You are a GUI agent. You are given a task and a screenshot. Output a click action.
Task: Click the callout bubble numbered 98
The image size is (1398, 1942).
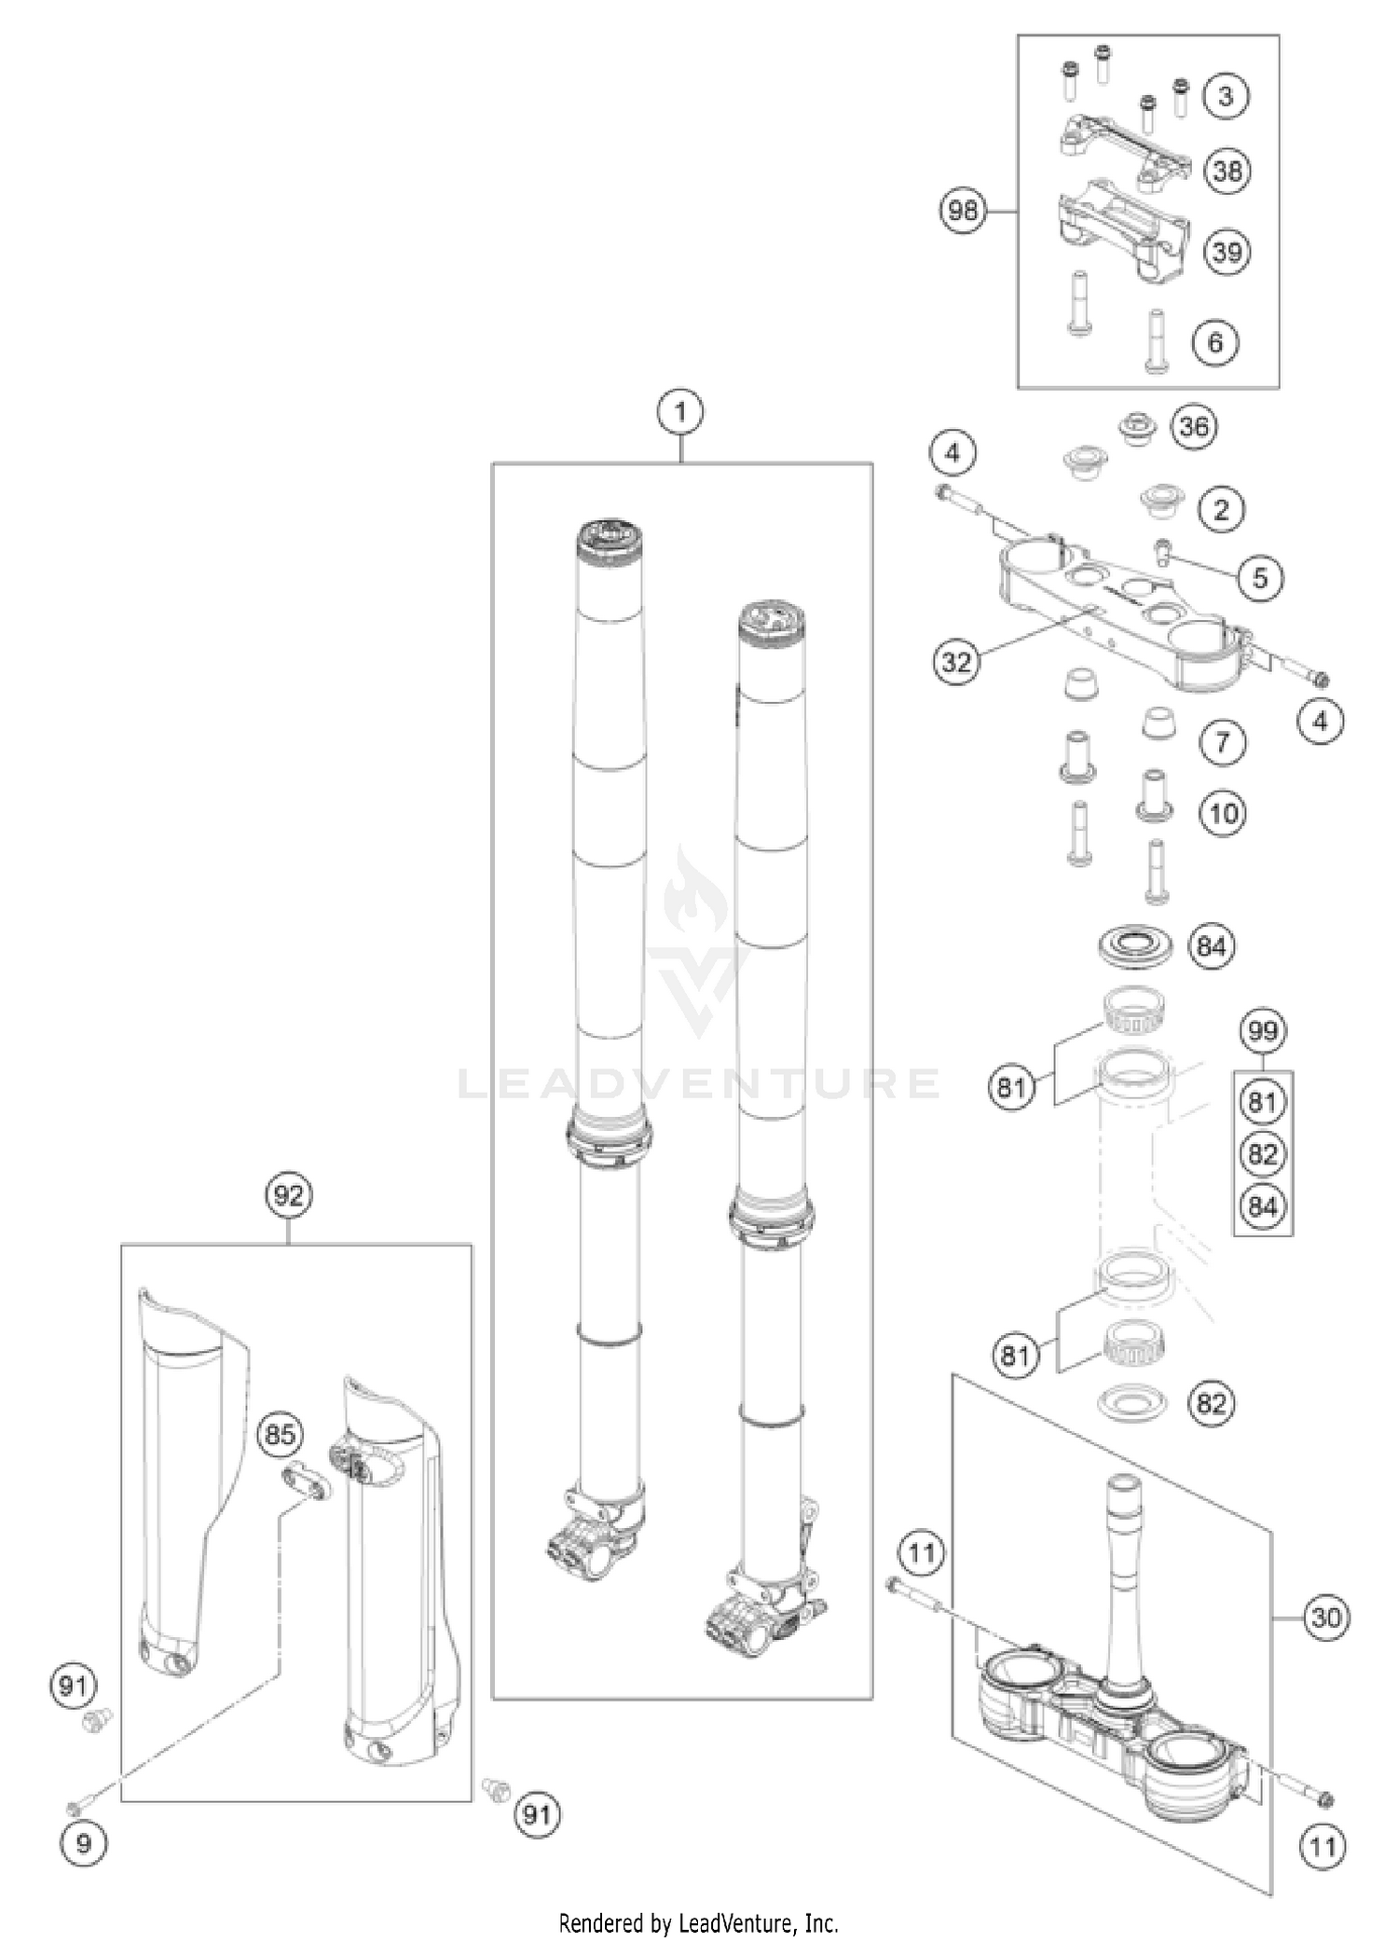tap(963, 211)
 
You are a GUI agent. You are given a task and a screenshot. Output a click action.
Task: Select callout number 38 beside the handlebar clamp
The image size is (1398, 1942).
tap(1227, 171)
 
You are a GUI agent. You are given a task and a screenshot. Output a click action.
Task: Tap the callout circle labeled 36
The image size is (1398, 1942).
tap(1194, 427)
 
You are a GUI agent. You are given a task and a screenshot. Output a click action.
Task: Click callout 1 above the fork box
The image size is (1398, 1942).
tap(680, 411)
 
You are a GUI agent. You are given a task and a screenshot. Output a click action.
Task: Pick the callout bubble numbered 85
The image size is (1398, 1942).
tap(280, 1434)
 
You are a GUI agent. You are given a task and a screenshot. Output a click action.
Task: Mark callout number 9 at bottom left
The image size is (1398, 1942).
tap(84, 1844)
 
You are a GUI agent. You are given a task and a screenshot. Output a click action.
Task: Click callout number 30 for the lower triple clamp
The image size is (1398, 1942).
tap(1325, 1617)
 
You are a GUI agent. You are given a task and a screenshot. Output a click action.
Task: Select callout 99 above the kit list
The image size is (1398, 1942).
tap(1263, 1031)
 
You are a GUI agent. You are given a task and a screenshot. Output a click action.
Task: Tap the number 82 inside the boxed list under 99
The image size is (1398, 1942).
tap(1263, 1154)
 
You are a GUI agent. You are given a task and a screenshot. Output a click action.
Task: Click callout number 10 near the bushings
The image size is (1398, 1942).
tap(1223, 813)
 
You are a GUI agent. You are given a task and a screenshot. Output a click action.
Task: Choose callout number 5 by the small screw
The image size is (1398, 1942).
tap(1260, 578)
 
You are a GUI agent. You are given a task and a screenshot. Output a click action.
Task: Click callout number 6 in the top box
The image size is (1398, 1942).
tap(1215, 342)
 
